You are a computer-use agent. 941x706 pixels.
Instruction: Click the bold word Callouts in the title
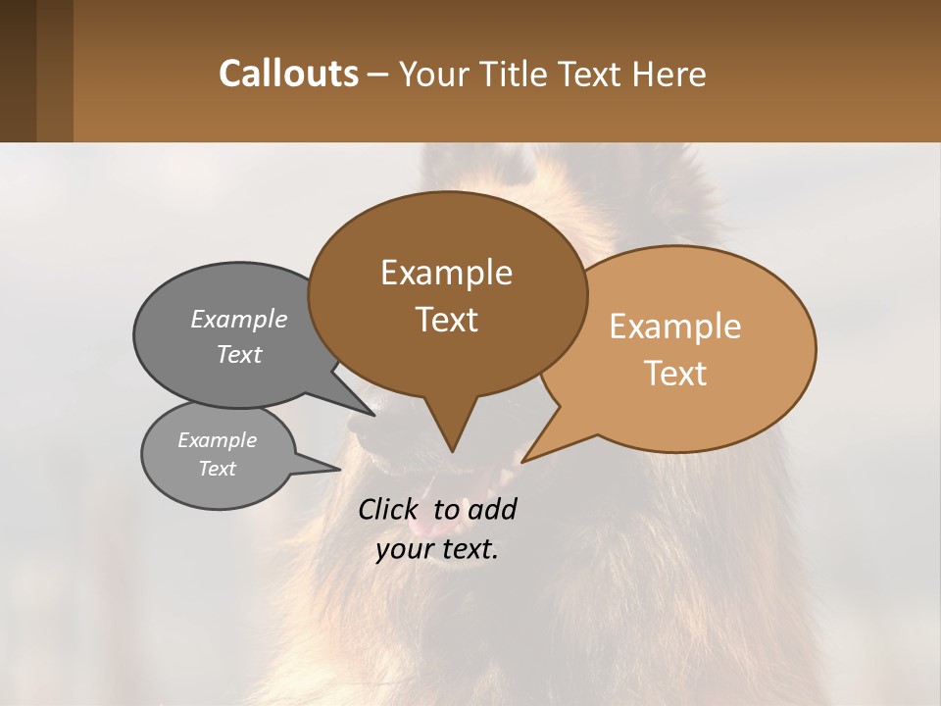click(x=288, y=74)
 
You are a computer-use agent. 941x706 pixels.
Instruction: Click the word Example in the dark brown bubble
click(x=446, y=273)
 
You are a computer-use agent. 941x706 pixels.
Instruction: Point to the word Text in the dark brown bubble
click(x=446, y=320)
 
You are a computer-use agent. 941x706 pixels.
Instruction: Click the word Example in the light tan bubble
click(x=675, y=327)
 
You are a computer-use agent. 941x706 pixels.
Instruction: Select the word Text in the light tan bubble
click(x=675, y=374)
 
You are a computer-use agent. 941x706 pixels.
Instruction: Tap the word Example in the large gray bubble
click(x=238, y=319)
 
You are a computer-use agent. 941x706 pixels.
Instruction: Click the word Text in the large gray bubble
click(x=238, y=354)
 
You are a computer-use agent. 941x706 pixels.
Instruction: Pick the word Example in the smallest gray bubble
click(x=217, y=440)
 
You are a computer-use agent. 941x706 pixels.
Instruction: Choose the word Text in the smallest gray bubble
click(x=217, y=469)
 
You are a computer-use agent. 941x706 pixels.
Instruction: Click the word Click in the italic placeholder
click(x=389, y=509)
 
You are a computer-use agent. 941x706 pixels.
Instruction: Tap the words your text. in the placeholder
click(x=437, y=550)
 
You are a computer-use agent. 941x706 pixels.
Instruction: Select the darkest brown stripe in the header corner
click(x=18, y=71)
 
